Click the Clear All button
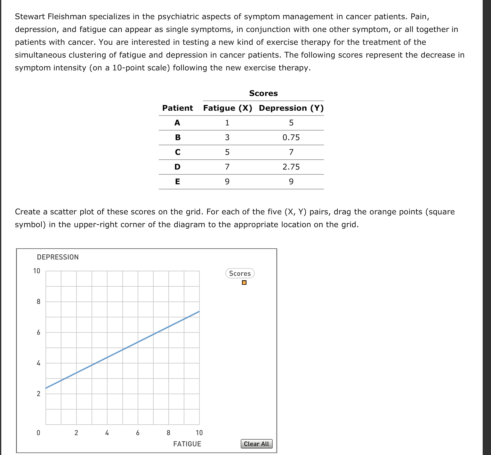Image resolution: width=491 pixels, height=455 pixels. pos(256,444)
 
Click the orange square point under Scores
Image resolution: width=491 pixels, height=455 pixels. pos(244,283)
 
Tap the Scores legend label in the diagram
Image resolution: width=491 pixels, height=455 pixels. pos(240,274)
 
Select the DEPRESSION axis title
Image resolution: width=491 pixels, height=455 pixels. pos(58,257)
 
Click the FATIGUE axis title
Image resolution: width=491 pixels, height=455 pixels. pos(187,444)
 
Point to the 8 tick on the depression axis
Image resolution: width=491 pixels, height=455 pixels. pos(38,302)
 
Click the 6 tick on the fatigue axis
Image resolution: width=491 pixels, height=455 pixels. pos(138,433)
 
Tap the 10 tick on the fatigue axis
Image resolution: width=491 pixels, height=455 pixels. pos(199,433)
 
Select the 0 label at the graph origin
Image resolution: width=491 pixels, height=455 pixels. pos(38,433)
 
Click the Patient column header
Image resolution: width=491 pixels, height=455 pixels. pos(178,108)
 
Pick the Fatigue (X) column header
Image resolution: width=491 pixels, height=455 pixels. pos(228,108)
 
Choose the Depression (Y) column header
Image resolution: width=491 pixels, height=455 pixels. pos(291,108)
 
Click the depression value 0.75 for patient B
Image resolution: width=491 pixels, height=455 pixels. pos(291,138)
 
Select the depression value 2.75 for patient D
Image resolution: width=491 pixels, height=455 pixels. pos(291,167)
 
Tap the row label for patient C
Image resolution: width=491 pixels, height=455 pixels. pos(178,152)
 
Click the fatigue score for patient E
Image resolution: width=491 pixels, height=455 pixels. pos(227,182)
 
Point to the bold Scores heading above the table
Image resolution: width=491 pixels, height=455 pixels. pos(263,93)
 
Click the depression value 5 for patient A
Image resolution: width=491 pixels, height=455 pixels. pos(291,123)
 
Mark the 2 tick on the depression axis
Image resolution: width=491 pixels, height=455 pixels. pos(38,394)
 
